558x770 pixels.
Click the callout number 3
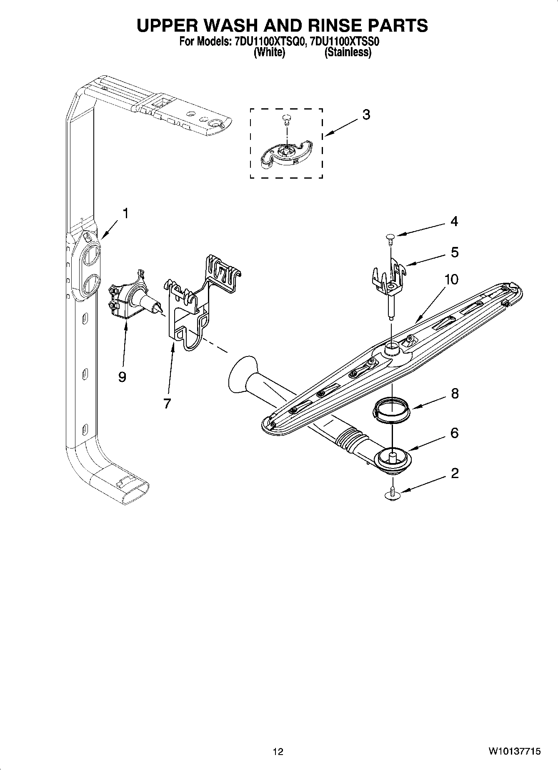(x=366, y=115)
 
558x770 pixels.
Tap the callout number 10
(x=451, y=279)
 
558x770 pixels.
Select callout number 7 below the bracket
(x=167, y=403)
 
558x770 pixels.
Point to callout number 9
(x=122, y=376)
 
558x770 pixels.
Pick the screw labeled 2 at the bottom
(x=392, y=494)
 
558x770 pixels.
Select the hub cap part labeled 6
(x=392, y=460)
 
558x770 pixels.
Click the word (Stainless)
(x=348, y=53)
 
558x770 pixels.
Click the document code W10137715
(x=515, y=751)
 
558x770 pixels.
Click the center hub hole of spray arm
(x=392, y=346)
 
